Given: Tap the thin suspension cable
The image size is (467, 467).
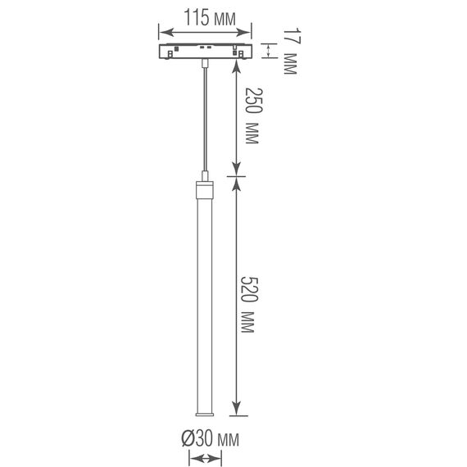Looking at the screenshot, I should pyautogui.click(x=202, y=115).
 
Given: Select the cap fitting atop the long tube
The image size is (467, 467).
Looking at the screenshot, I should pyautogui.click(x=202, y=192).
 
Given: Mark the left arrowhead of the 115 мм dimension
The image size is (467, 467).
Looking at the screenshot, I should pyautogui.click(x=161, y=34).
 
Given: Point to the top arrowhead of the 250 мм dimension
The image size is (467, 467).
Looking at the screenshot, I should pyautogui.click(x=237, y=65).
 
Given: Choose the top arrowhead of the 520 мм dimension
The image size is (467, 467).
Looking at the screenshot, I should pyautogui.click(x=237, y=182).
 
